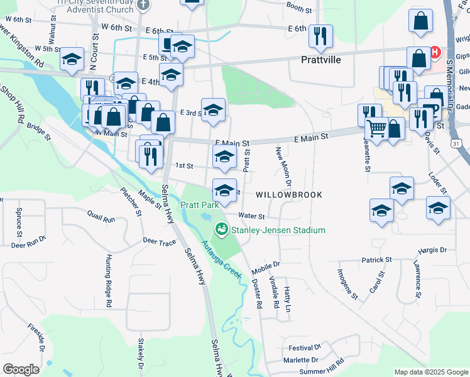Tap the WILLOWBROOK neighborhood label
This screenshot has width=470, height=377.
click(288, 195)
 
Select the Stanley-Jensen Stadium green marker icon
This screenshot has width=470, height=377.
click(221, 230)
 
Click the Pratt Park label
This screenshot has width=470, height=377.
click(199, 205)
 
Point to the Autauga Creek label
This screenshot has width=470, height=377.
click(222, 260)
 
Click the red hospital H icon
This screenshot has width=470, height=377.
click(435, 50)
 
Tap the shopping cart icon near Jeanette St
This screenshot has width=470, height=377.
click(376, 129)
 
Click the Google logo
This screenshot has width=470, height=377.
click(21, 369)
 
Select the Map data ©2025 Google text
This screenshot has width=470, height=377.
click(430, 372)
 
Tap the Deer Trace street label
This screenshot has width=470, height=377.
click(159, 241)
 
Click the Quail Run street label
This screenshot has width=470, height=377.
click(101, 219)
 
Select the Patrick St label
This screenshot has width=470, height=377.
click(376, 260)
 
